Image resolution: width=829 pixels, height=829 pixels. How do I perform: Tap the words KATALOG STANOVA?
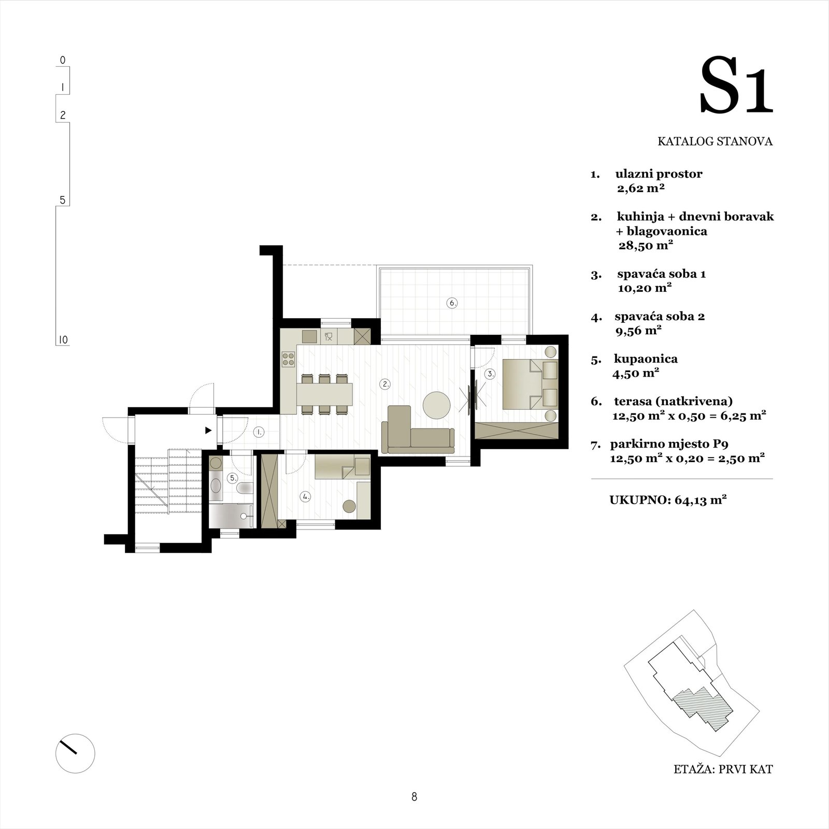(x=715, y=141)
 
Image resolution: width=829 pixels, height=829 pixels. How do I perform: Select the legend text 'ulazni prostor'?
(x=659, y=174)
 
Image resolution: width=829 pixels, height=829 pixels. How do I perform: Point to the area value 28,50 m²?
(x=646, y=245)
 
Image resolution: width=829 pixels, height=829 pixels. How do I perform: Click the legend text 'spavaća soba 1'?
(x=662, y=274)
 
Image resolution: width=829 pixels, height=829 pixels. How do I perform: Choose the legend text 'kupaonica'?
(x=646, y=359)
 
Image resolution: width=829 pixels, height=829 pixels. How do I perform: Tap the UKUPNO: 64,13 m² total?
(x=668, y=500)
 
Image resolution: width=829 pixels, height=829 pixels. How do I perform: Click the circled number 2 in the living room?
(x=385, y=384)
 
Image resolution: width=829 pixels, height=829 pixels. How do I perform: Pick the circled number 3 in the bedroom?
(x=490, y=373)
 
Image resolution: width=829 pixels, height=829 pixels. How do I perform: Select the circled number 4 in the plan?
(x=306, y=496)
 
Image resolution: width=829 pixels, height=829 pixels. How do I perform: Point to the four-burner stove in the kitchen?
(x=288, y=359)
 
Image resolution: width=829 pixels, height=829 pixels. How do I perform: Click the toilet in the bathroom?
(x=244, y=487)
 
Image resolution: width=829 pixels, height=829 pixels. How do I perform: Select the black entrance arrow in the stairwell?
(x=208, y=430)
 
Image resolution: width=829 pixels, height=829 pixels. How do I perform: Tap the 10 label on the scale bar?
(x=63, y=340)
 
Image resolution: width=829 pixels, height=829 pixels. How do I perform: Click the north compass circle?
(x=75, y=754)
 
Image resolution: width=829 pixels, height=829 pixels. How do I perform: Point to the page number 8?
(x=414, y=797)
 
